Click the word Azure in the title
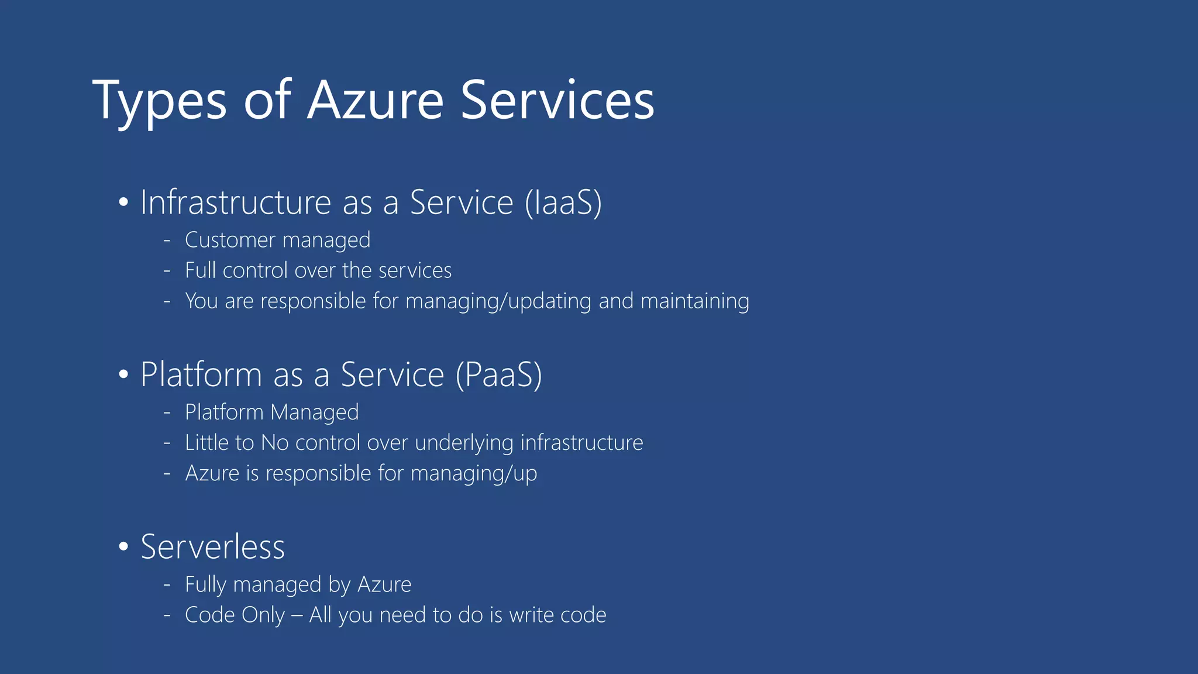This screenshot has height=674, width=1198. [x=376, y=101]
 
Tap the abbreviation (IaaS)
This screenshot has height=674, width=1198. [x=563, y=202]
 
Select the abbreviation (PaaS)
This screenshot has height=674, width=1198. [x=499, y=374]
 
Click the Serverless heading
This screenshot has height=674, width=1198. [x=212, y=547]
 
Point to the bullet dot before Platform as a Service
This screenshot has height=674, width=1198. [x=123, y=375]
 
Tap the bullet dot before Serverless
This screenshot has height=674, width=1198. [x=123, y=547]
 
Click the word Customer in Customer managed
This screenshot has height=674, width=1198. [x=230, y=240]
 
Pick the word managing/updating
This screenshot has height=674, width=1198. [x=498, y=301]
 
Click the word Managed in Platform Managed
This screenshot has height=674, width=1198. [x=315, y=412]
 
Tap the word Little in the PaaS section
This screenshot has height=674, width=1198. [x=206, y=443]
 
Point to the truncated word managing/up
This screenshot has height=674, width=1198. [x=474, y=473]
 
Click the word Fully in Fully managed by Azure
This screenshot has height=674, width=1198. [x=205, y=584]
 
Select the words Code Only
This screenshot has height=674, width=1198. [x=235, y=615]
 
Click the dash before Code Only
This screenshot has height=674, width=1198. [x=167, y=615]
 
